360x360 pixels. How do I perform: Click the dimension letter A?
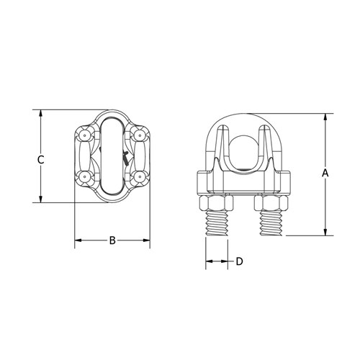[x=325, y=173]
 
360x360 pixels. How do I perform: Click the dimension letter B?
[x=112, y=240]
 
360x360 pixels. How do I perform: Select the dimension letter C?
[x=41, y=159]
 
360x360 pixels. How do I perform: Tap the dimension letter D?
[x=239, y=261]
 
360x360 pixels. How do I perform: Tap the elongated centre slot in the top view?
[x=112, y=156]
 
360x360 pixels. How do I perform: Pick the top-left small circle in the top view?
[x=86, y=135]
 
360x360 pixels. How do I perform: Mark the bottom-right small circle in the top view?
[x=138, y=176]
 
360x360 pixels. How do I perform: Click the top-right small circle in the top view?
[x=138, y=135]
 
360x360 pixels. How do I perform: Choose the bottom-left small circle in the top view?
[x=86, y=176]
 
